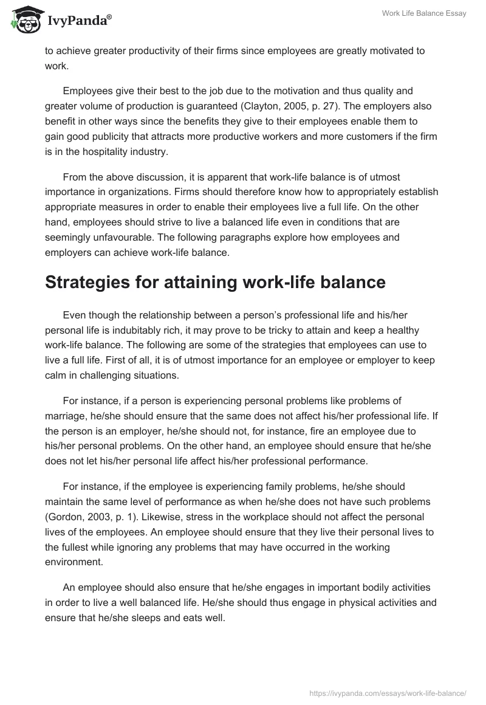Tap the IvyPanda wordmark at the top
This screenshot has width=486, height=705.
79,22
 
